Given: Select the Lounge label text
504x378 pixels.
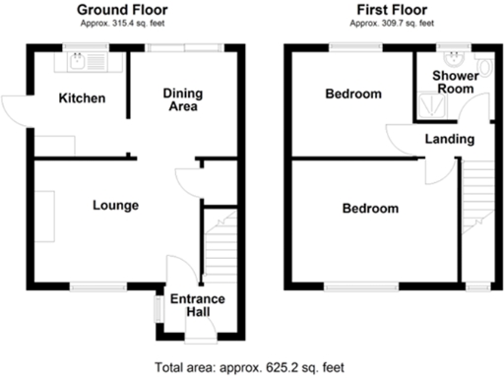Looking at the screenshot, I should click(x=114, y=206).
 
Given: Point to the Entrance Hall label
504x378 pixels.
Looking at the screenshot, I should click(x=198, y=306).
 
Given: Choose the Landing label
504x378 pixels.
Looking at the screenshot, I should click(x=448, y=139).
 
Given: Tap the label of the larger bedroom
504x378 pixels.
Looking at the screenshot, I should click(x=370, y=209).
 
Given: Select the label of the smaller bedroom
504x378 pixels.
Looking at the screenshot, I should click(x=352, y=94).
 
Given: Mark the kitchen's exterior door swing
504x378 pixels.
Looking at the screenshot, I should click(x=16, y=110).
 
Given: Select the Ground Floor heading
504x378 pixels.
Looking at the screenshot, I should click(x=126, y=10).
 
